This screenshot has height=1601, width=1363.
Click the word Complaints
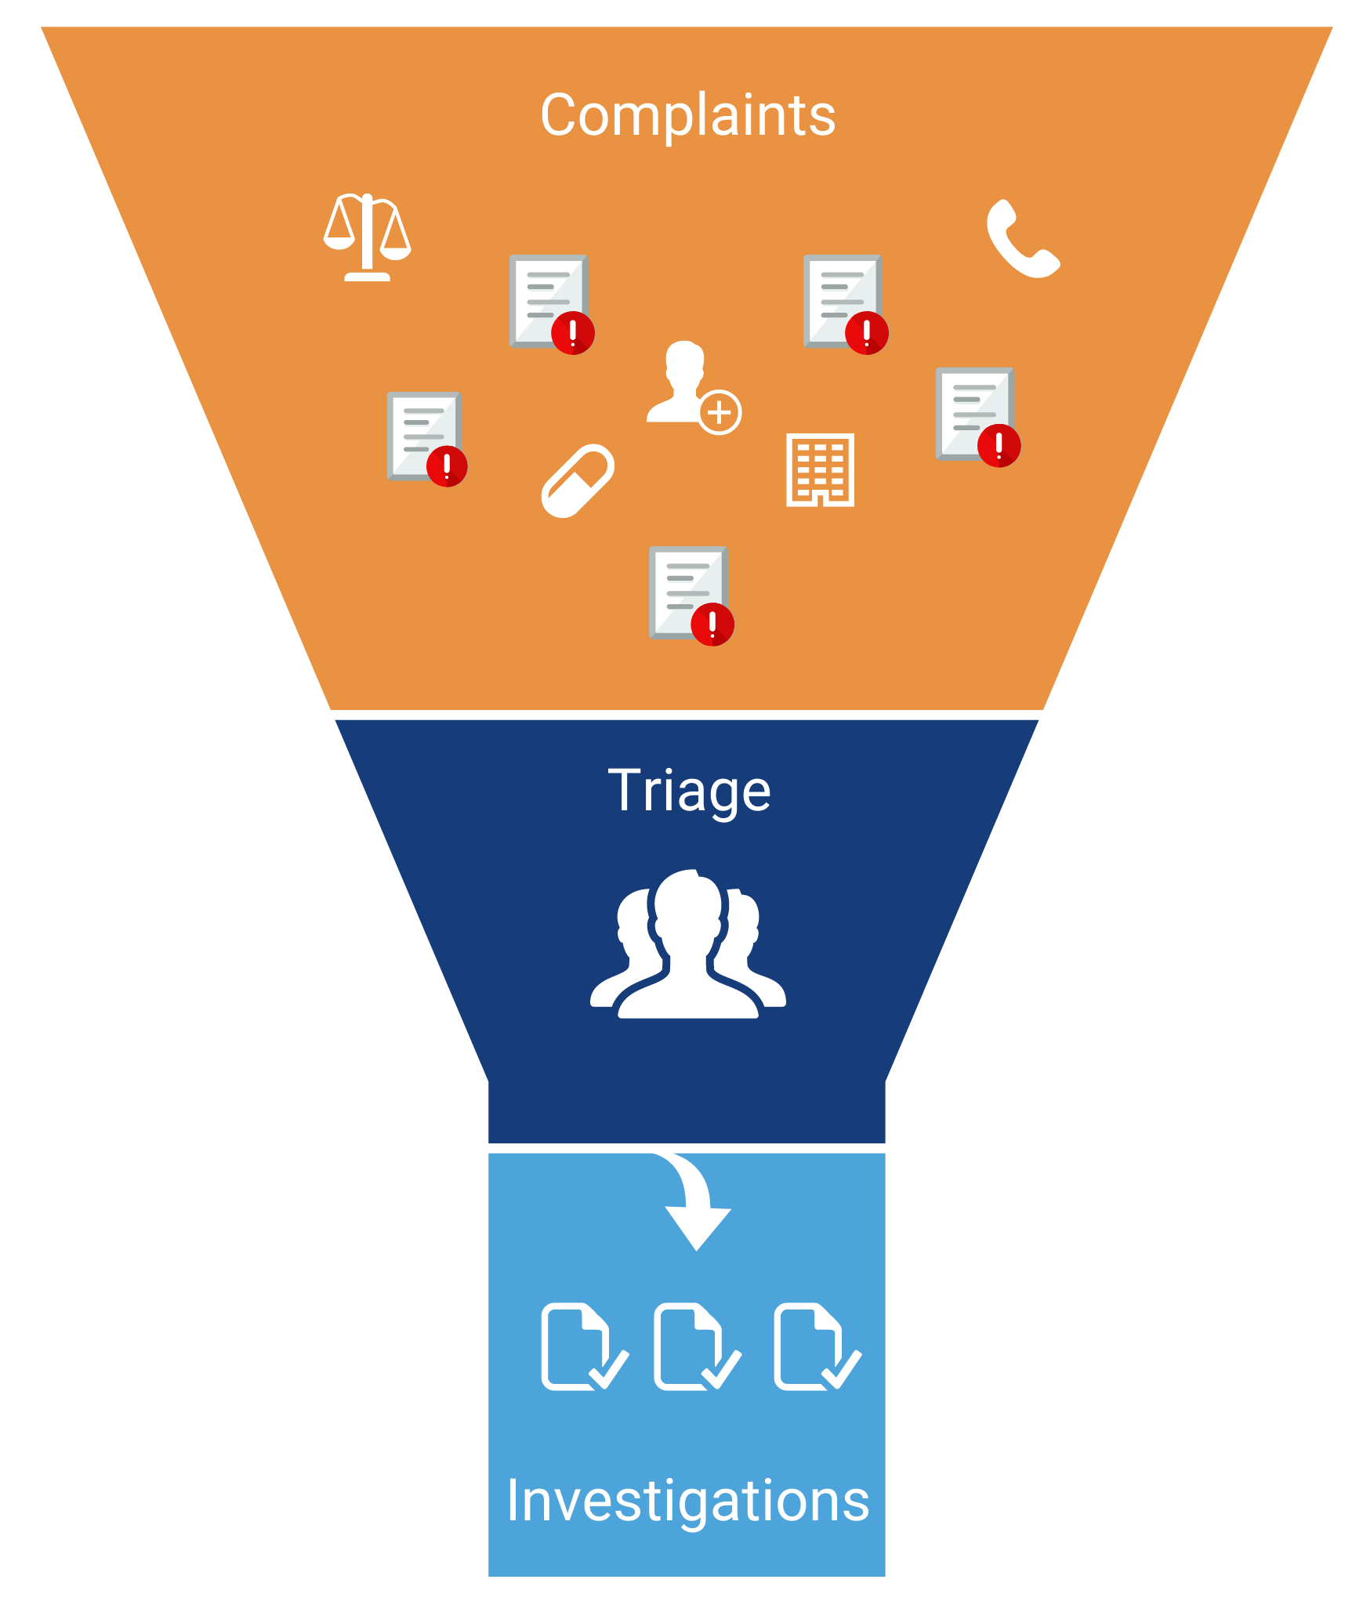687,116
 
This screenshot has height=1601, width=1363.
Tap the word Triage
689,791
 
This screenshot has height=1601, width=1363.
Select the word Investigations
687,1501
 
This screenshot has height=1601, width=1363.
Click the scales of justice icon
367,237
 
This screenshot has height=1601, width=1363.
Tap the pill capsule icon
578,480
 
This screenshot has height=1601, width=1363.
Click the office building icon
820,469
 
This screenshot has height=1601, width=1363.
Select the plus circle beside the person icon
720,412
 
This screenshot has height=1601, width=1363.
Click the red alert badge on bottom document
712,625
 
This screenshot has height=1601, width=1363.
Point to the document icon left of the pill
424,435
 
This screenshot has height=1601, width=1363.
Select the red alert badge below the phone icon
999,446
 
